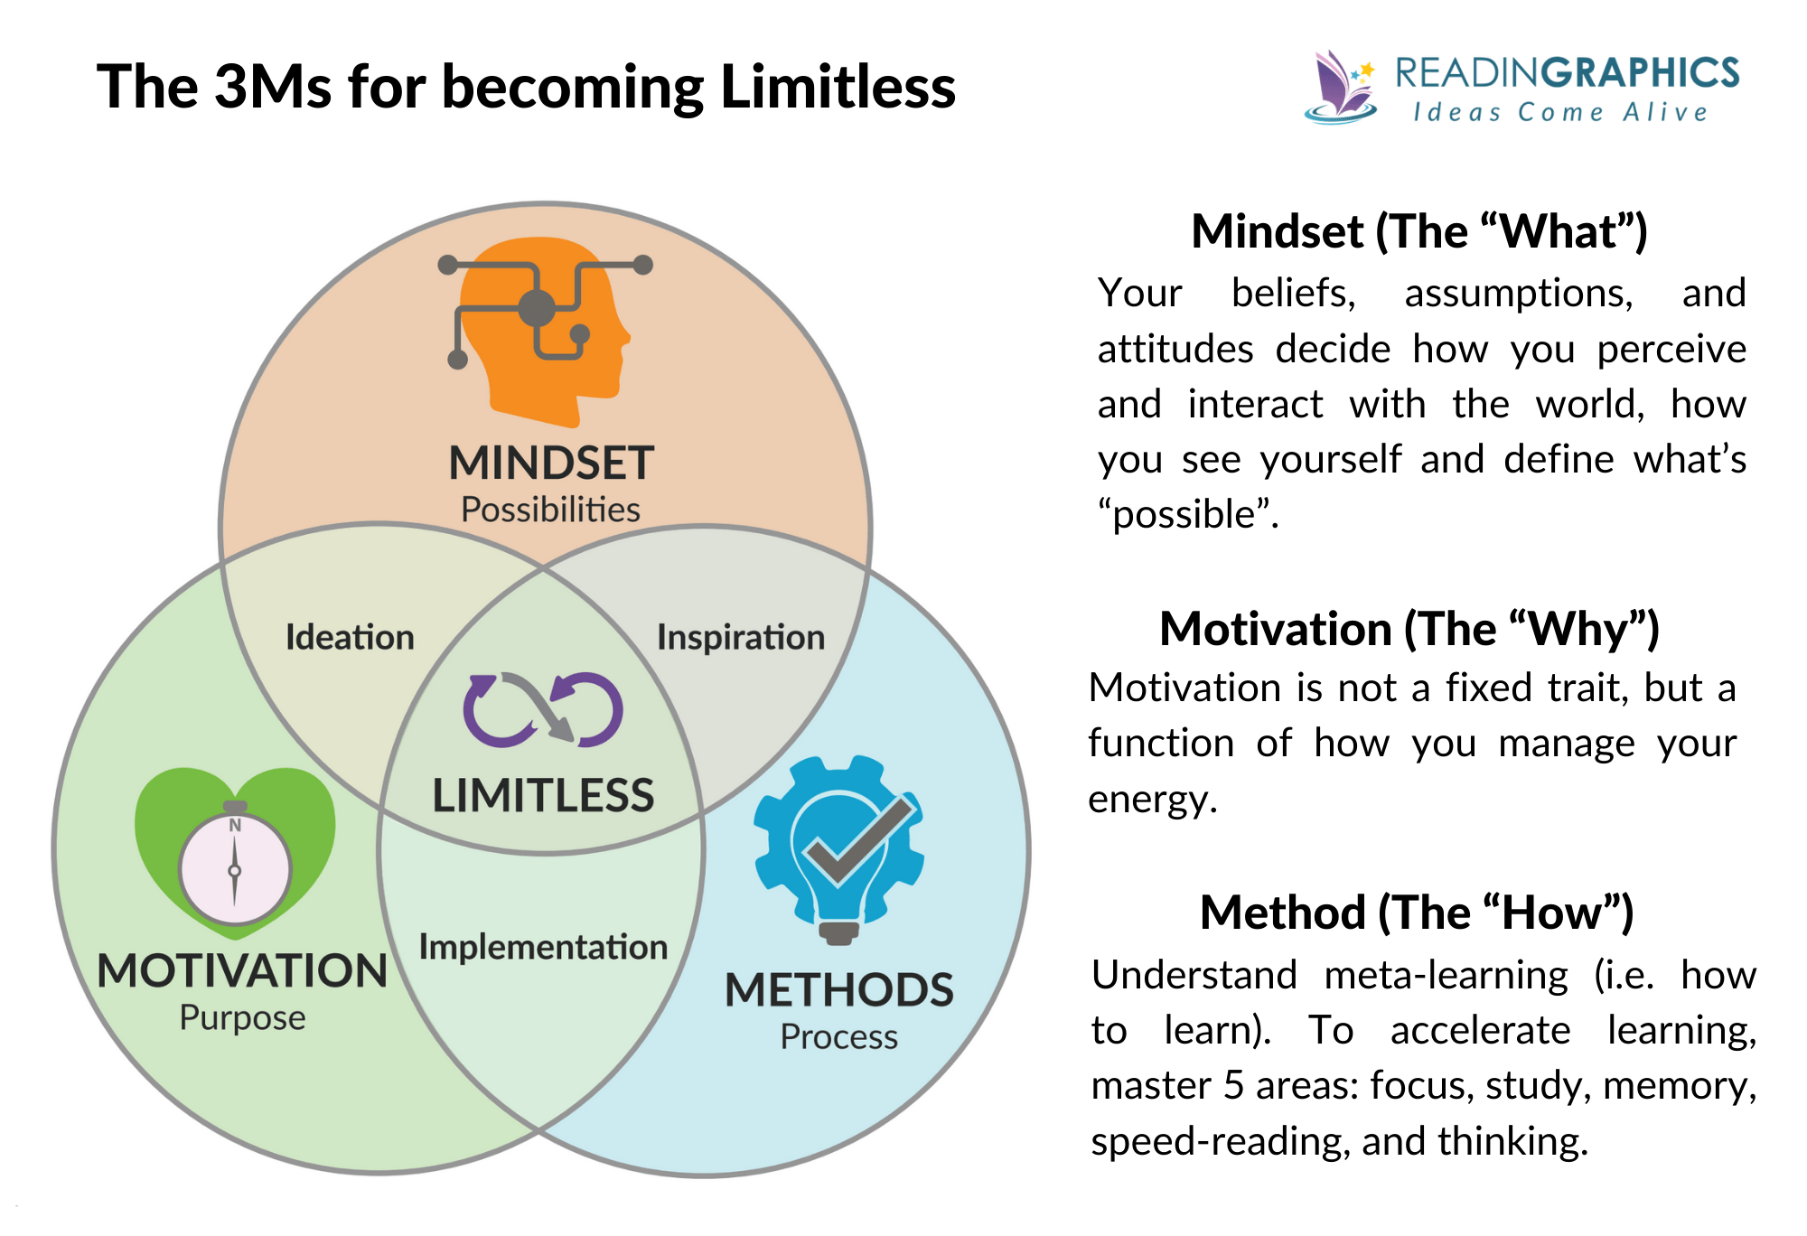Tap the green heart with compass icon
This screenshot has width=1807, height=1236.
pyautogui.click(x=235, y=854)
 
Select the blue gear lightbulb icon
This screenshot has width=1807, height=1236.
pyautogui.click(x=838, y=849)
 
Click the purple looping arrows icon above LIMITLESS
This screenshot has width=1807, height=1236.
pyautogui.click(x=543, y=710)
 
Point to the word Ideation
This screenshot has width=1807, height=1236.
pyautogui.click(x=350, y=638)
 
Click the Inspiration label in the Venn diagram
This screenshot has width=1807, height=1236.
pyautogui.click(x=741, y=638)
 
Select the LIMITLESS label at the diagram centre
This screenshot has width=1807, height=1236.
pyautogui.click(x=543, y=796)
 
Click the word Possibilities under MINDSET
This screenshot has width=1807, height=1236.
pyautogui.click(x=550, y=510)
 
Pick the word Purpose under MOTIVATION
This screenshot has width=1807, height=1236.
pyautogui.click(x=242, y=1018)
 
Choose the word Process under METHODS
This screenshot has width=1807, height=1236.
pyautogui.click(x=838, y=1037)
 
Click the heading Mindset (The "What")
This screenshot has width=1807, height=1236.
pyautogui.click(x=1419, y=232)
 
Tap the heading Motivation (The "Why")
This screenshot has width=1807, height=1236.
pyautogui.click(x=1409, y=630)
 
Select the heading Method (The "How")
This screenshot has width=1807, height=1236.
pyautogui.click(x=1417, y=913)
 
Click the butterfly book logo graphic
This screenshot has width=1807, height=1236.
pyautogui.click(x=1341, y=88)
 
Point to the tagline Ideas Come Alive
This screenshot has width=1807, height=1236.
pyautogui.click(x=1560, y=113)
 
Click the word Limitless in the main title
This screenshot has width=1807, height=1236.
pyautogui.click(x=838, y=88)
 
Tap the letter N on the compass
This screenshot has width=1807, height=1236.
pyautogui.click(x=235, y=825)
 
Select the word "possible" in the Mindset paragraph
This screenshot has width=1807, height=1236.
pyautogui.click(x=1184, y=515)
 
